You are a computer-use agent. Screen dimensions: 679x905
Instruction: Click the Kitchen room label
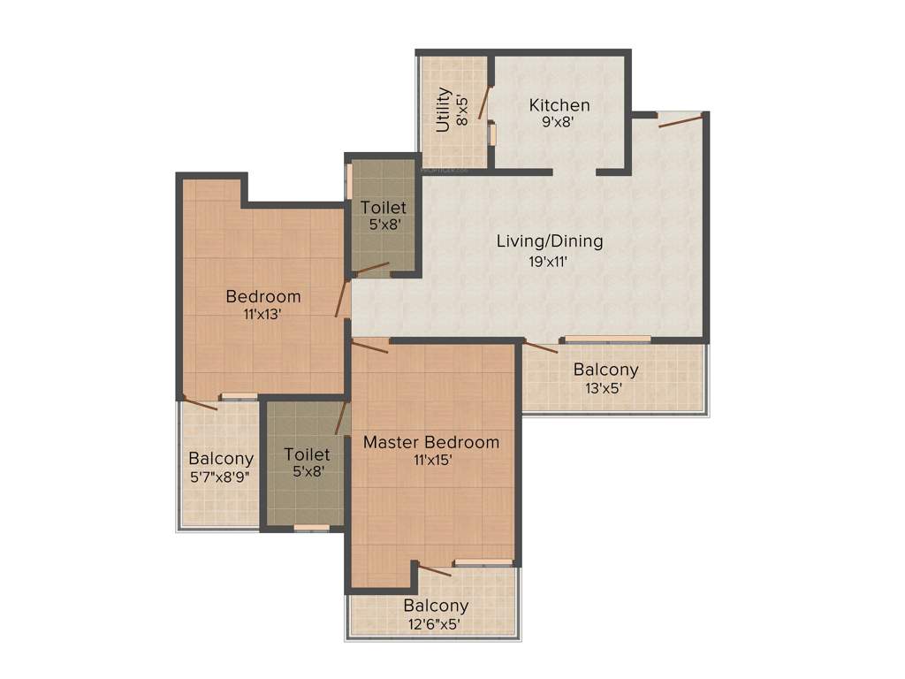click(559, 105)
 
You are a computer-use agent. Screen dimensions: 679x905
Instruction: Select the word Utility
click(444, 110)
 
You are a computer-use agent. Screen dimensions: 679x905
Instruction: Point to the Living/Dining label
click(550, 240)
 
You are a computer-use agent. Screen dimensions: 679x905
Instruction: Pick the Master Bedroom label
click(431, 441)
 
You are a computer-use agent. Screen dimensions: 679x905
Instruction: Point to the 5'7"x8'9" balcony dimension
click(221, 477)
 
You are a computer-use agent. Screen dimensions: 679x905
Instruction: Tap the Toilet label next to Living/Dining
click(384, 208)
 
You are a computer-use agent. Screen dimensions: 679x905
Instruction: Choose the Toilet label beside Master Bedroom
click(307, 454)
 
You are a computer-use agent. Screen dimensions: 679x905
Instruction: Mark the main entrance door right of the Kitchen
click(681, 120)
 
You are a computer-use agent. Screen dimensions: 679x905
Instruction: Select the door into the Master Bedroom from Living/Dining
click(370, 346)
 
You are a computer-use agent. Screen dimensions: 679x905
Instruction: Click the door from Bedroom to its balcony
click(200, 403)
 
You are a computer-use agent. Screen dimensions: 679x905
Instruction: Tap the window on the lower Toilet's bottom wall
click(311, 528)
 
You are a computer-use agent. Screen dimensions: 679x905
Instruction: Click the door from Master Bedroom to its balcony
click(435, 569)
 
